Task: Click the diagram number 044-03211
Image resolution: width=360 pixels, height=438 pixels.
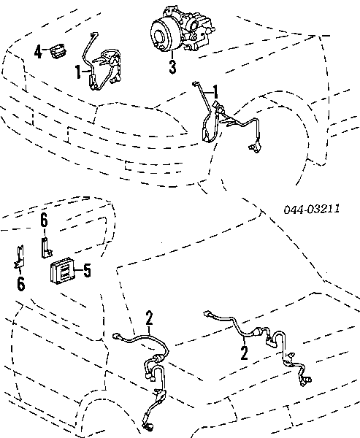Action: point(312,209)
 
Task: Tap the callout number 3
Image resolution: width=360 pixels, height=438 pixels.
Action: point(173,67)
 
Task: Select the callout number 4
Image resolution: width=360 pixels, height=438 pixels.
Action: point(38,52)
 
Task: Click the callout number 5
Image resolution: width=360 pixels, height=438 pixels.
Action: point(87,270)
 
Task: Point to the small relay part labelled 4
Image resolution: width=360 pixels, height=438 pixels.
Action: point(58,51)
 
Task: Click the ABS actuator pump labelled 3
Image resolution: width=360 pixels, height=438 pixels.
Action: point(183,28)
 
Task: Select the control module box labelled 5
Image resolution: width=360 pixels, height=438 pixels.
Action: point(62,270)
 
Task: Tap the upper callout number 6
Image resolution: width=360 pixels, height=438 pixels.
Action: point(44,220)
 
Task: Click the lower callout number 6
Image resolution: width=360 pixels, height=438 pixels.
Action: point(21,284)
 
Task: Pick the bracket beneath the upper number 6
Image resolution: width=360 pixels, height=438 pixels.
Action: point(46,247)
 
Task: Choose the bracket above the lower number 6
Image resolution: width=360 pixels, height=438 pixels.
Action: point(19,257)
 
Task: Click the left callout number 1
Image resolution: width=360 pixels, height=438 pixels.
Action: point(78,72)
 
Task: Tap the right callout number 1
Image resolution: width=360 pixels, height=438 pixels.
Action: point(215,92)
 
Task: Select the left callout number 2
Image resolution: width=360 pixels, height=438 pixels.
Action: point(149,318)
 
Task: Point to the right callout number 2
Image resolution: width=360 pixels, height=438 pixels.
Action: point(245,353)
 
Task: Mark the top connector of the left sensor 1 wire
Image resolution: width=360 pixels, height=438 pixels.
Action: point(94,34)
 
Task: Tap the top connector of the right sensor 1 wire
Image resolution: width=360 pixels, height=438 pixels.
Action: point(195,83)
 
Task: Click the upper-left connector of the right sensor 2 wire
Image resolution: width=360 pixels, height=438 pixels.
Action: point(207,314)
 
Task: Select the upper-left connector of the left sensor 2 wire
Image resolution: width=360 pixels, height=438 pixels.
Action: point(116,336)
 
